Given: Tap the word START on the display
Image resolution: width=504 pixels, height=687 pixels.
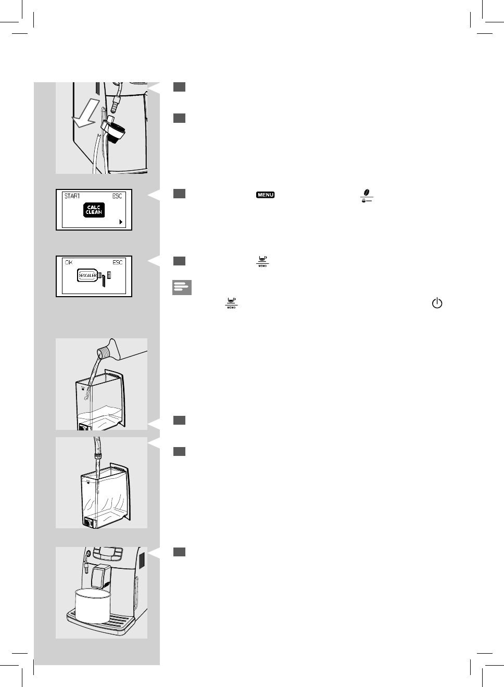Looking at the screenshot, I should [x=72, y=196].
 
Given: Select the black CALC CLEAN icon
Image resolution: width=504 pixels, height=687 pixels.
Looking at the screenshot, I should [x=94, y=210].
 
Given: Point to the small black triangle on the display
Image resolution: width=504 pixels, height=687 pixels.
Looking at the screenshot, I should [x=121, y=222].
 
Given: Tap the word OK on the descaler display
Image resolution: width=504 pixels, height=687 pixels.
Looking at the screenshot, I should [x=69, y=262].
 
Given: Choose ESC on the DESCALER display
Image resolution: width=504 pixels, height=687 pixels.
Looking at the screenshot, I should [x=118, y=262].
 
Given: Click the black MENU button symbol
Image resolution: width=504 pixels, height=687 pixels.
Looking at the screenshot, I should [x=265, y=195].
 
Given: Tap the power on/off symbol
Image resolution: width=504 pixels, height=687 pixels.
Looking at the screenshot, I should [x=436, y=303].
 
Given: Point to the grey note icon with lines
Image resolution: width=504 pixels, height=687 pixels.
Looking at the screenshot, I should [x=182, y=288].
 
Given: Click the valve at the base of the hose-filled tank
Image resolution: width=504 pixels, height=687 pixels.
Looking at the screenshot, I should [x=89, y=522].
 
